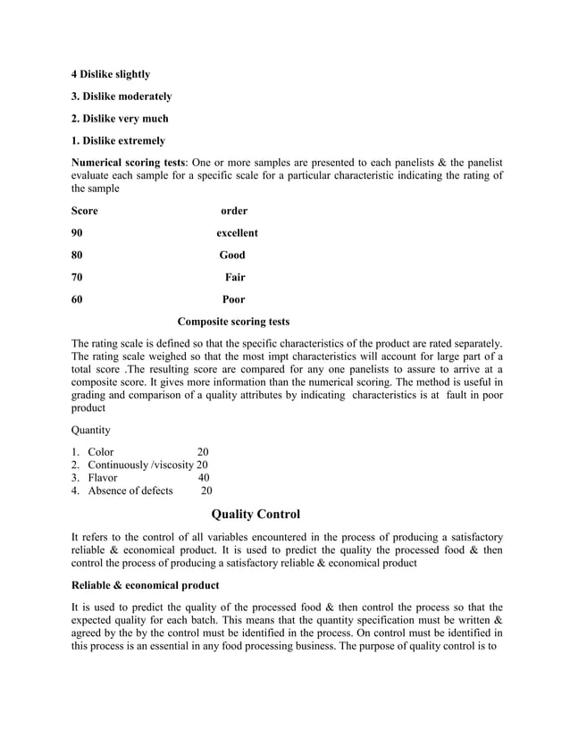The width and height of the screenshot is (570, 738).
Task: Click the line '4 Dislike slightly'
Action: point(110,73)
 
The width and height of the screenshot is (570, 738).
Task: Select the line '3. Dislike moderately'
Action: point(121,96)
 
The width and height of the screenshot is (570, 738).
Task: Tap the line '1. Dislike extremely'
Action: point(117,140)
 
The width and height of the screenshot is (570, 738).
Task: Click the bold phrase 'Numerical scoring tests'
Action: point(130,163)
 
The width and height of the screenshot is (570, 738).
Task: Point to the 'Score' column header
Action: point(84,211)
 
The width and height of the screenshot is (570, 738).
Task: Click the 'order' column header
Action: point(234,211)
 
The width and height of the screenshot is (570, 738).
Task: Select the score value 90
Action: point(77,233)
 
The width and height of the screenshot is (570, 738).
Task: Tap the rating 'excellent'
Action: point(237,233)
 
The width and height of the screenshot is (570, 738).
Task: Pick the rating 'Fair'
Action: point(235,278)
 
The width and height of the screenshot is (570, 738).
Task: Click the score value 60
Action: point(77,300)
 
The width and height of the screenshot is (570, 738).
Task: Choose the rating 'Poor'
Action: point(233,300)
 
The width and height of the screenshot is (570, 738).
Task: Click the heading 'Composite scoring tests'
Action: point(233,322)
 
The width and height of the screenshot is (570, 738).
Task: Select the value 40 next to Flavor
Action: point(203,477)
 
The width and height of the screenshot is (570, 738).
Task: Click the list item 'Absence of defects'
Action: point(130,491)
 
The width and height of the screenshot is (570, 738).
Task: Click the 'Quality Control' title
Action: point(256,515)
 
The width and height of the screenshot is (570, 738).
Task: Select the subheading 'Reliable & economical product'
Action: point(145,585)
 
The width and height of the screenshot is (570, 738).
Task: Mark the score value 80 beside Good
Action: point(77,256)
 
